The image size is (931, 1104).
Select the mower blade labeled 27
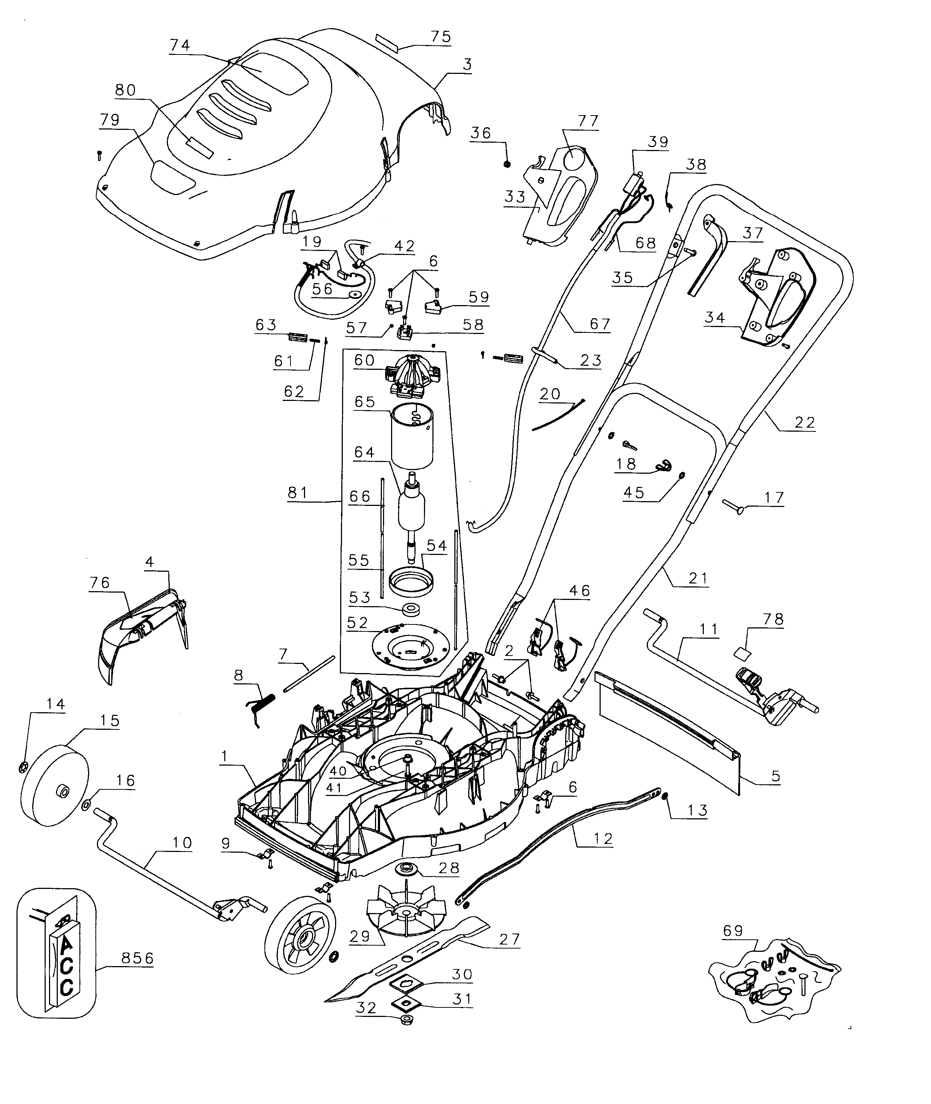406,964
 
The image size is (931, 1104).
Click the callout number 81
298,492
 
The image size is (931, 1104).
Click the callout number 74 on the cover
180,45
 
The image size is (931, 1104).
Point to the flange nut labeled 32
406,1033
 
